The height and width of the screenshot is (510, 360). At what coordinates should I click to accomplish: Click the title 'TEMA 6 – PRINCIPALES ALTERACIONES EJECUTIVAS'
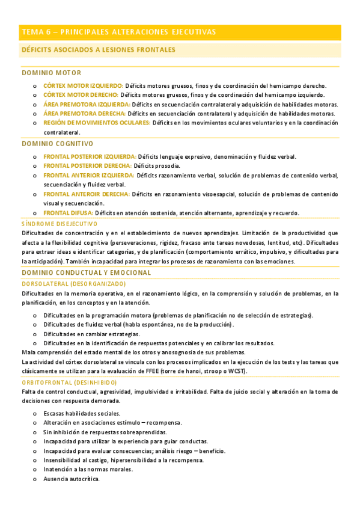point(118,32)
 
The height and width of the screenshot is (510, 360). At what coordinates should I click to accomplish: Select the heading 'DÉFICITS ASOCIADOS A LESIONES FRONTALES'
point(98,50)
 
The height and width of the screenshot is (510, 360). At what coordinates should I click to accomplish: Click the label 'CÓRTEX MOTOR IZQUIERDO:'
point(83,85)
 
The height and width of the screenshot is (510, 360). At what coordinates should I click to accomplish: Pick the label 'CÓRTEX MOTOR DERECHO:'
point(81,95)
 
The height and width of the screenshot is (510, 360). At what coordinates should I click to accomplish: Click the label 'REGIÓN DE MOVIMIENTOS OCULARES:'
point(97,123)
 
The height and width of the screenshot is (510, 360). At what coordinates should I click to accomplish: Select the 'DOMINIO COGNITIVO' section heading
point(58,144)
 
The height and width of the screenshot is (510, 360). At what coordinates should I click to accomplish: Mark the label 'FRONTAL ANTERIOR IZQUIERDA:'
point(89,175)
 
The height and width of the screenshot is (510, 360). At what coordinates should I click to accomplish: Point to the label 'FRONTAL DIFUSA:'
point(68,213)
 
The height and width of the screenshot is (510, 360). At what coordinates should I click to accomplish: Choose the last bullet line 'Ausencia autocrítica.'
point(71,479)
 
